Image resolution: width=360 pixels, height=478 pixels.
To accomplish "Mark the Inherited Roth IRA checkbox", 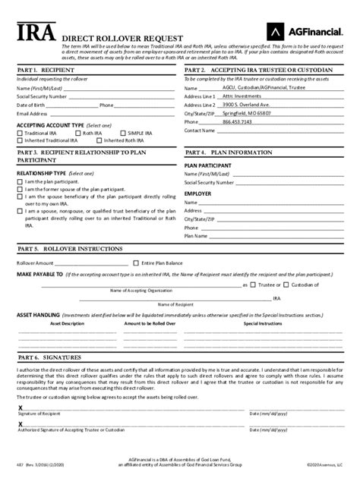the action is pyautogui.click(x=100, y=140).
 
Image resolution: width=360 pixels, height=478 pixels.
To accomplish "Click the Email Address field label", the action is pyautogui.click(x=33, y=113).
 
